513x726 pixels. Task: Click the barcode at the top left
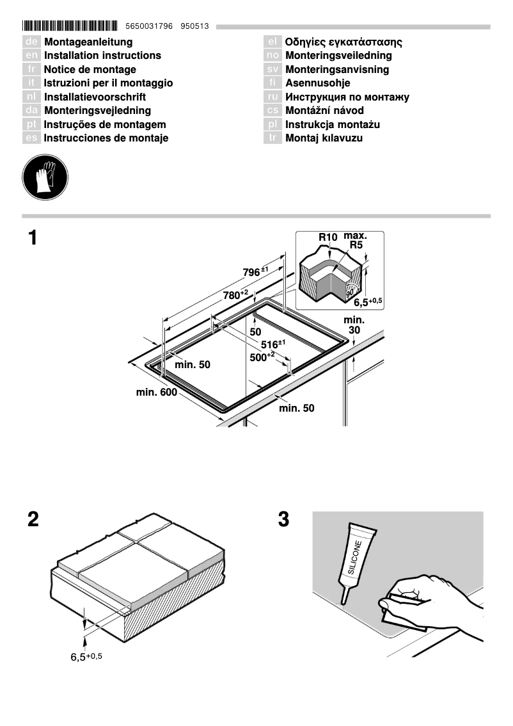[x=70, y=26]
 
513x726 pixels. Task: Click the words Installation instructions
[x=102, y=56]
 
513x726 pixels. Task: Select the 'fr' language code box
[x=31, y=69]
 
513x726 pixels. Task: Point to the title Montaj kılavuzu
[x=324, y=138]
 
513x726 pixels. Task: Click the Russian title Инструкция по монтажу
[x=347, y=97]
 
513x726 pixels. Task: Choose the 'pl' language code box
[x=272, y=124]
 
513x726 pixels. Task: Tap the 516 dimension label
[x=272, y=344]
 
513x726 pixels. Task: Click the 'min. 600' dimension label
[x=156, y=392]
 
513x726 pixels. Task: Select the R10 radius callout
[x=328, y=238]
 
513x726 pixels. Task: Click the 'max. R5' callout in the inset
[x=355, y=240]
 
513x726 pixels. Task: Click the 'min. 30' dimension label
[x=354, y=325]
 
